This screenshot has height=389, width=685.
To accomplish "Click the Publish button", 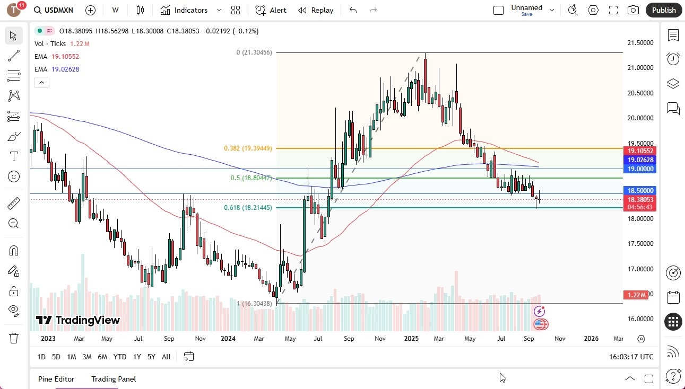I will tap(664, 10).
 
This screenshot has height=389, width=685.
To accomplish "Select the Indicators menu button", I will tap(190, 10).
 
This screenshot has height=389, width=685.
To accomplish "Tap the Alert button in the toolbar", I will tap(271, 10).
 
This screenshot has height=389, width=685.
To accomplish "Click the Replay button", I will tap(316, 10).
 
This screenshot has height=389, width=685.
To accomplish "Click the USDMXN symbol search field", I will tap(53, 10).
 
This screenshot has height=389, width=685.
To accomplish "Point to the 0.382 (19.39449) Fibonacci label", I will tap(248, 148).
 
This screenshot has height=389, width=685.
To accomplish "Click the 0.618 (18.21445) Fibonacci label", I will tap(248, 208).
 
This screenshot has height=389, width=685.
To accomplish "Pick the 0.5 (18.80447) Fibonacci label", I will tap(251, 178).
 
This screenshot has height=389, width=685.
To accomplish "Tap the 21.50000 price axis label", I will tap(640, 42).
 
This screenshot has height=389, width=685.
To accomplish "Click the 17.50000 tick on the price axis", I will tap(640, 244).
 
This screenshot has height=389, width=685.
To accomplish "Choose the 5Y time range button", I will tap(151, 357).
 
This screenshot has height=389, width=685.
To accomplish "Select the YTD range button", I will tap(120, 357).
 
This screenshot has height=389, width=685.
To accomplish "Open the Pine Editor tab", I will tap(56, 379).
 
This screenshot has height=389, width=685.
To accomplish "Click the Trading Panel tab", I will tap(114, 379).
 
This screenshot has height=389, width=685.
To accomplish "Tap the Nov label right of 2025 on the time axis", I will tap(560, 339).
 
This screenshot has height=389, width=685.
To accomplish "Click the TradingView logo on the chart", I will tap(78, 320).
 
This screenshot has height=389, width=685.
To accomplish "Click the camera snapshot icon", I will tap(633, 10).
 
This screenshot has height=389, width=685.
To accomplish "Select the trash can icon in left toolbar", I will tap(14, 338).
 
